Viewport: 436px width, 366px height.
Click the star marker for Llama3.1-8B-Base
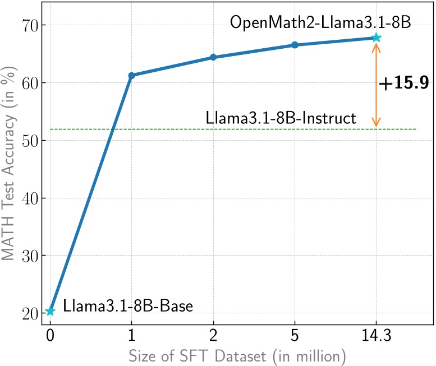50,311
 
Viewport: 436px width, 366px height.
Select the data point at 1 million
131,75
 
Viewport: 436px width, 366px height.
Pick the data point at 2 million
213,57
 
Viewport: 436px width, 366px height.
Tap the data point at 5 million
295,45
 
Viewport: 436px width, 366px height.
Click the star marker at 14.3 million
376,38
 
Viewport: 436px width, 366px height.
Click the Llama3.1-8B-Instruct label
281,118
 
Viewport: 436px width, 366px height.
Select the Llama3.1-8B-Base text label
128,307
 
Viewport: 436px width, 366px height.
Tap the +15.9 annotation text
404,84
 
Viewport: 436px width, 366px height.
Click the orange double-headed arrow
376,84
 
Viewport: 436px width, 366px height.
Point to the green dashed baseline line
168,129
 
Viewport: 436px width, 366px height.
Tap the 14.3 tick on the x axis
376,337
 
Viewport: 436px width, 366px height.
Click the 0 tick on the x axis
50,337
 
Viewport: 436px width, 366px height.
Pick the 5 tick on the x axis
295,337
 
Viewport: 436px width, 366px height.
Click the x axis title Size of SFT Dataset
235,355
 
